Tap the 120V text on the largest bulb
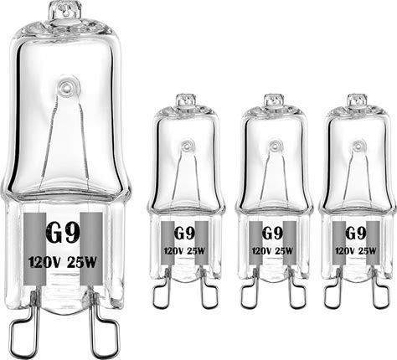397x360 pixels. (x=44, y=262)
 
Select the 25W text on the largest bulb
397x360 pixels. (x=82, y=262)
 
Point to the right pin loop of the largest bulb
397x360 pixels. (x=104, y=332)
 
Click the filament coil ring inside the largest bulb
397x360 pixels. (x=66, y=88)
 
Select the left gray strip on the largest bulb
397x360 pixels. (x=34, y=249)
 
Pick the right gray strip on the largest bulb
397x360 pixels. (x=91, y=249)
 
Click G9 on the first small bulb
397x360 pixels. (x=184, y=233)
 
